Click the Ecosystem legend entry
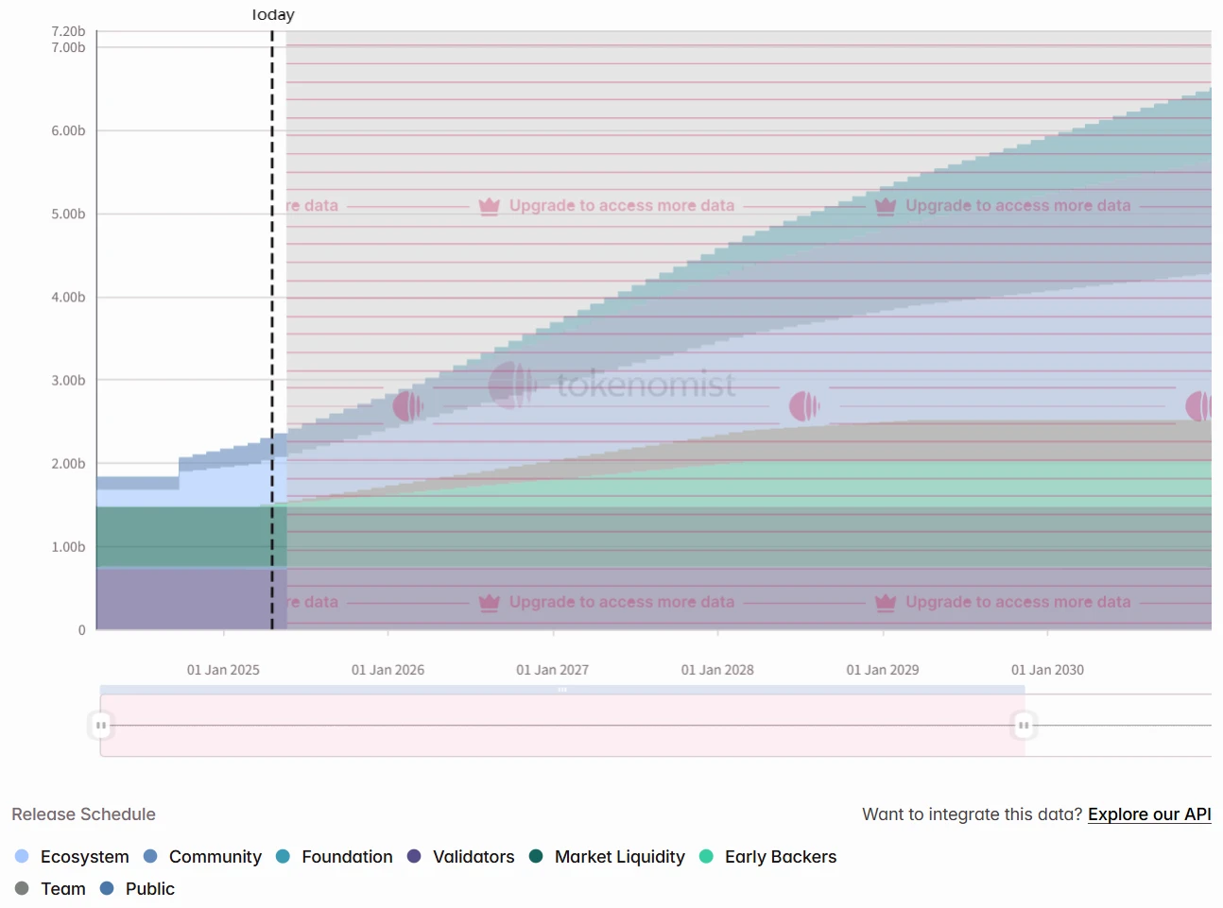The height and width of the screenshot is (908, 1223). [x=84, y=857]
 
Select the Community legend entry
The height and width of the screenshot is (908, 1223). [x=215, y=857]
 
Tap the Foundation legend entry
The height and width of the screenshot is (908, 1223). [x=346, y=857]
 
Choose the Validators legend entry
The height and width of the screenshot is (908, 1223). [x=473, y=857]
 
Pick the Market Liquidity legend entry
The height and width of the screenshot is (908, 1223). [x=619, y=857]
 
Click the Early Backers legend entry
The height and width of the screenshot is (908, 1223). [x=780, y=857]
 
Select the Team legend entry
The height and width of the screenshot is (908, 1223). [x=62, y=889]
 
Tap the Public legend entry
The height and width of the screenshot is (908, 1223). [x=149, y=889]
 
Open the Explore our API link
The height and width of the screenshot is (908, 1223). [x=1149, y=814]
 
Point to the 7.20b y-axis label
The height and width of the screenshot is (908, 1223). [x=68, y=31]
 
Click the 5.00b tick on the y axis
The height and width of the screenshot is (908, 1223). [x=68, y=214]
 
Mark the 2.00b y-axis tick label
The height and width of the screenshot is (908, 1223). [x=68, y=464]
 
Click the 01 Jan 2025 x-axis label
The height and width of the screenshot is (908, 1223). [x=223, y=670]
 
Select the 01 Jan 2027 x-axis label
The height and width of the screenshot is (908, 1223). [x=552, y=670]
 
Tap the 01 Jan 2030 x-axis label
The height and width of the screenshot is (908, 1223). [x=1047, y=670]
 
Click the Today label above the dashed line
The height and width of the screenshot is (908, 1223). [x=273, y=15]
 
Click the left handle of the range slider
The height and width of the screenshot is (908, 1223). [x=100, y=726]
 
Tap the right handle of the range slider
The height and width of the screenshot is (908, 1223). [x=1024, y=726]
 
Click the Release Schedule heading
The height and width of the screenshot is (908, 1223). [x=83, y=814]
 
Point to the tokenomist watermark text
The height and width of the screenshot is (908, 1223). [x=646, y=385]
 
